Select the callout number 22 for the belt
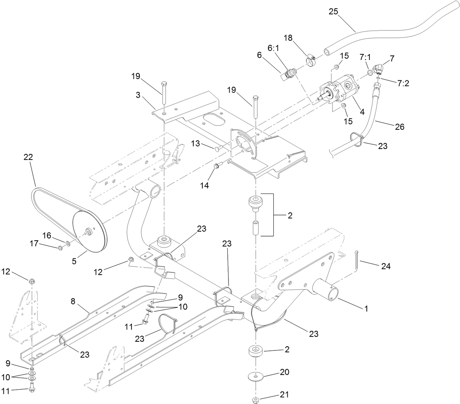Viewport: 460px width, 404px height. [x=28, y=157]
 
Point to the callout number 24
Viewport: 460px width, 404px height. [x=386, y=266]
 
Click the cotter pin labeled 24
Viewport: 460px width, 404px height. [x=357, y=260]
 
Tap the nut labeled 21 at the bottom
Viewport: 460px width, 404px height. [x=255, y=399]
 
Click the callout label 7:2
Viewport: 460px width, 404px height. [x=403, y=83]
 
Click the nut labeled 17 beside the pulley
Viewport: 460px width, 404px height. [x=60, y=247]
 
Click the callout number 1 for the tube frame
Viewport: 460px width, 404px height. [x=365, y=309]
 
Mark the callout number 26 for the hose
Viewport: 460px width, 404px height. [x=399, y=127]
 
